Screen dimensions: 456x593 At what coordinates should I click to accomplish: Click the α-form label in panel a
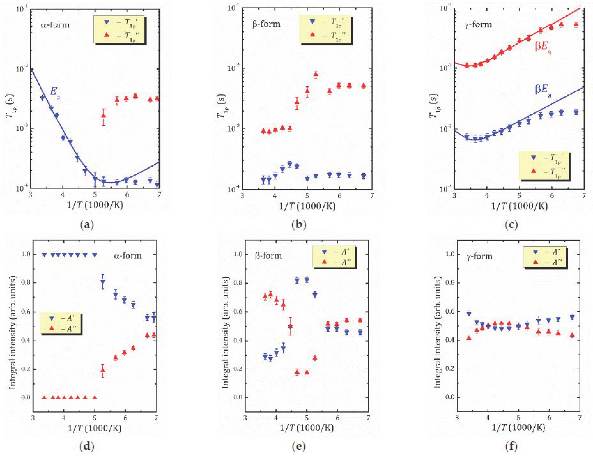point(55,25)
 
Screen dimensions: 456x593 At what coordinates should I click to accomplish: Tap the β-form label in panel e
point(268,256)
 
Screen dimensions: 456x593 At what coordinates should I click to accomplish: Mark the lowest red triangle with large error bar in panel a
point(103,115)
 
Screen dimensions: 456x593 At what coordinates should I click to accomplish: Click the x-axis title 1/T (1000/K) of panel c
point(519,206)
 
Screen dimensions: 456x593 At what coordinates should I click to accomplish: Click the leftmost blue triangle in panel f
point(469,314)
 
